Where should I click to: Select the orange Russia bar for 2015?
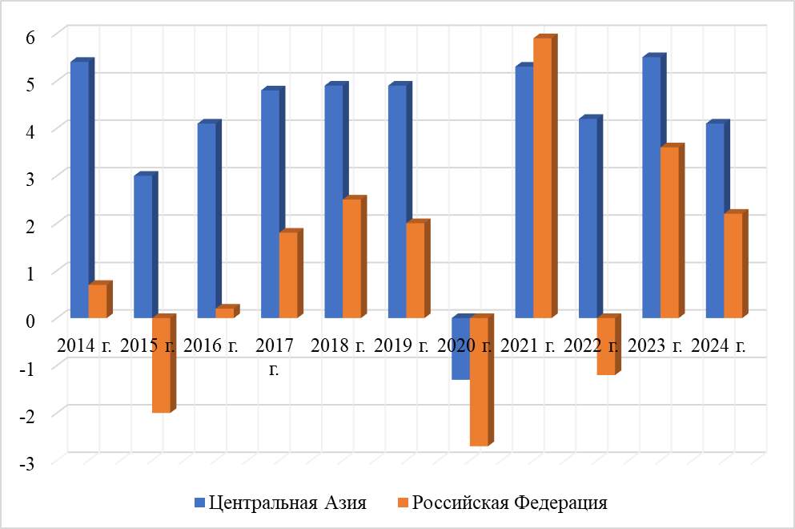click(161, 365)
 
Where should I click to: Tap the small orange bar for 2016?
click(225, 313)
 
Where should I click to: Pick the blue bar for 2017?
click(270, 204)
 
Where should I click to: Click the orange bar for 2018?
click(351, 258)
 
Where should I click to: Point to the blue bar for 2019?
click(397, 201)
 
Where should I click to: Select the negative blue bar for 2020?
click(460, 349)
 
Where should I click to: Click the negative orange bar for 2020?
click(479, 381)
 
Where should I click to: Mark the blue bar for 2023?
click(652, 188)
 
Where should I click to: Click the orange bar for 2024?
click(733, 265)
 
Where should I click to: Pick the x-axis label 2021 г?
click(528, 346)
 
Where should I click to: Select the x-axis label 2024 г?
click(719, 346)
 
